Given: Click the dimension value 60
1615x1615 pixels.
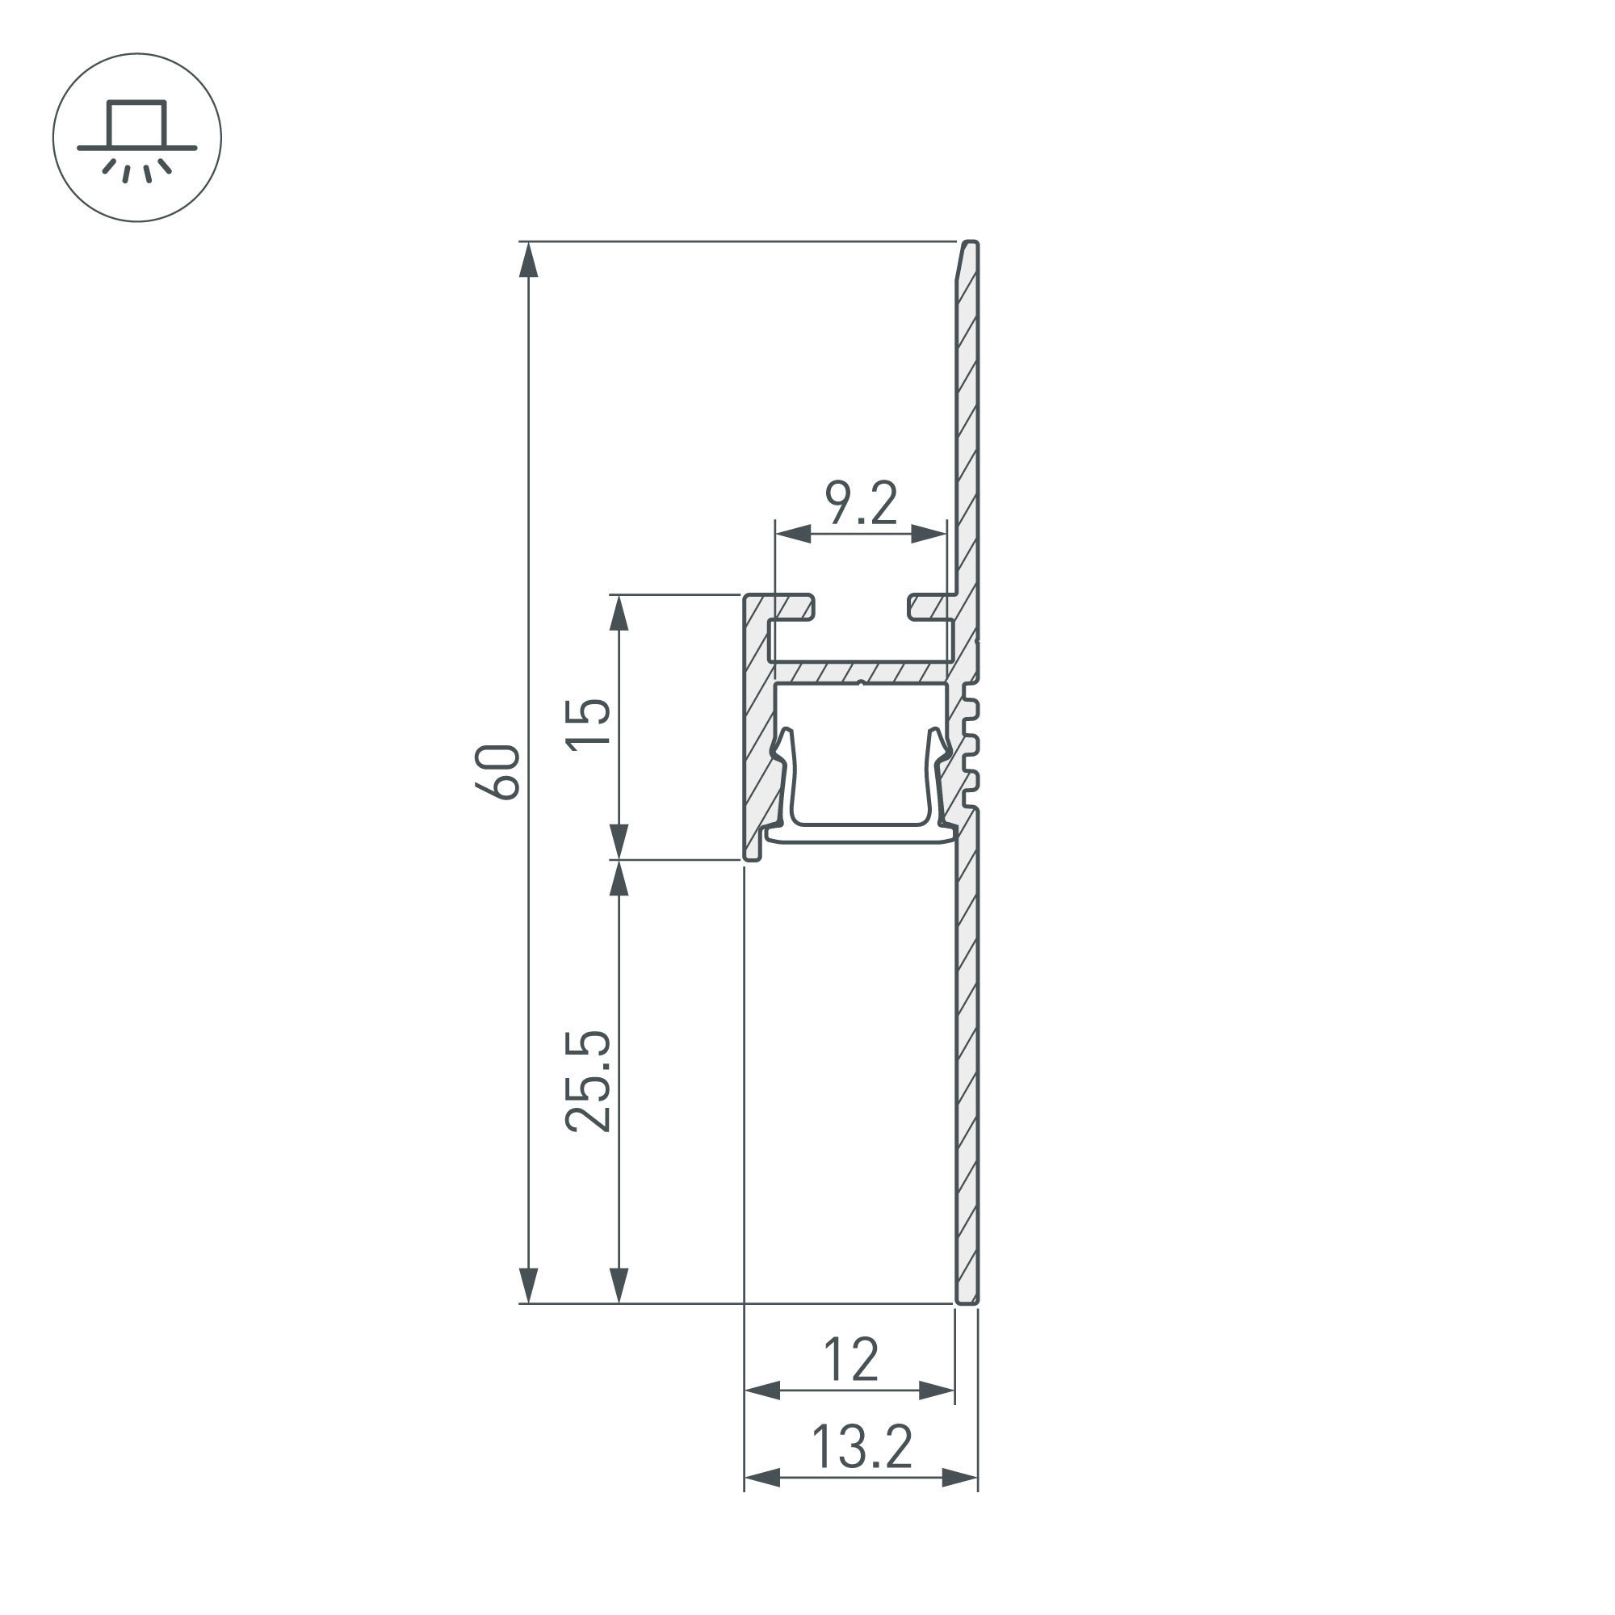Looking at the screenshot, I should click(x=498, y=771).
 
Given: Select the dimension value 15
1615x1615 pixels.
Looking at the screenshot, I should click(x=589, y=725).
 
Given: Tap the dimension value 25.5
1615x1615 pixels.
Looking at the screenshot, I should click(x=589, y=1082).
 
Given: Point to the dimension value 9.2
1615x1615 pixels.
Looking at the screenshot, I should click(x=861, y=504).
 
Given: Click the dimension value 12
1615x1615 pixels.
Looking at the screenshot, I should click(x=851, y=1360).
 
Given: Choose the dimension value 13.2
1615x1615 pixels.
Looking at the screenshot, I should click(x=861, y=1448).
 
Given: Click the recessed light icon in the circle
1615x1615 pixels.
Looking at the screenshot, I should click(x=137, y=138).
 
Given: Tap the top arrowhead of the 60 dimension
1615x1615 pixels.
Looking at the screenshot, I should click(x=528, y=260).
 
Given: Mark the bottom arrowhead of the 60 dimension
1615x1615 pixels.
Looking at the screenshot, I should click(x=528, y=1285).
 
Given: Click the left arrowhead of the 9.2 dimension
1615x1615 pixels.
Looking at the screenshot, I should click(x=792, y=533).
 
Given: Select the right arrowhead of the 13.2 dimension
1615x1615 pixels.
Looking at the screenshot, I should click(x=960, y=1478).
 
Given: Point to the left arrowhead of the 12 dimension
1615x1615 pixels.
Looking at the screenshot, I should click(x=761, y=1391).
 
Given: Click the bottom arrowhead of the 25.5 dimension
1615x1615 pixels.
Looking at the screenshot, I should click(x=619, y=1285).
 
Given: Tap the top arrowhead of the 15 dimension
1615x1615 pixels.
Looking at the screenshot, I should click(x=619, y=614).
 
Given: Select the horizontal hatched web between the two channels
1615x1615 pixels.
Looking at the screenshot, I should click(x=861, y=672).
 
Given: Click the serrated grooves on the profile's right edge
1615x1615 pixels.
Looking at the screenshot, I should click(x=971, y=744).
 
